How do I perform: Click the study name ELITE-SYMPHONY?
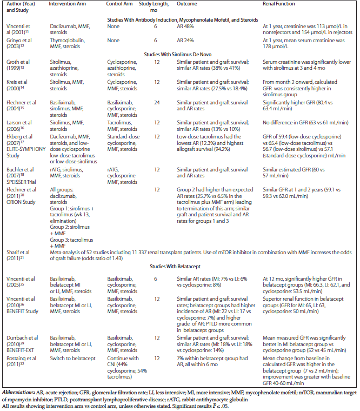(25, 151)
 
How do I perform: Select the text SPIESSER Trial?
(23, 175)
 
